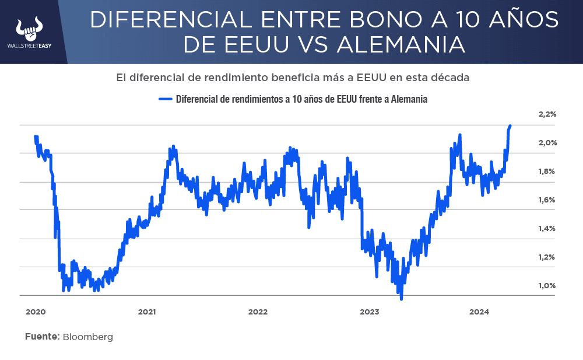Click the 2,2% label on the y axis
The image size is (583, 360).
[x=547, y=114]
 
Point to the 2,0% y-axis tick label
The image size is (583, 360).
[x=547, y=143]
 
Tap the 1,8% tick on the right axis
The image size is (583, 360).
[x=547, y=172]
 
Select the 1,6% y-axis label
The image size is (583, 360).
[x=547, y=200]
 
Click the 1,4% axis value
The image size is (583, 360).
[x=547, y=229]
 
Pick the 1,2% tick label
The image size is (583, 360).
[x=547, y=257]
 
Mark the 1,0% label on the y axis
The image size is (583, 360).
[x=547, y=286]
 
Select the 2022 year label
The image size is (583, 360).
[x=258, y=312]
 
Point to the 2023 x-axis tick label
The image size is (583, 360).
[x=368, y=312]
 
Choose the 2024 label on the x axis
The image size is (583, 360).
[x=479, y=312]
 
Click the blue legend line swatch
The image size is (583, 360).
[x=167, y=99]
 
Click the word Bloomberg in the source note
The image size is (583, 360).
[x=87, y=337]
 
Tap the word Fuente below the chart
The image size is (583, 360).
[x=42, y=337]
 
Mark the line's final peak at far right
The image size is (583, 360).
[x=510, y=125]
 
